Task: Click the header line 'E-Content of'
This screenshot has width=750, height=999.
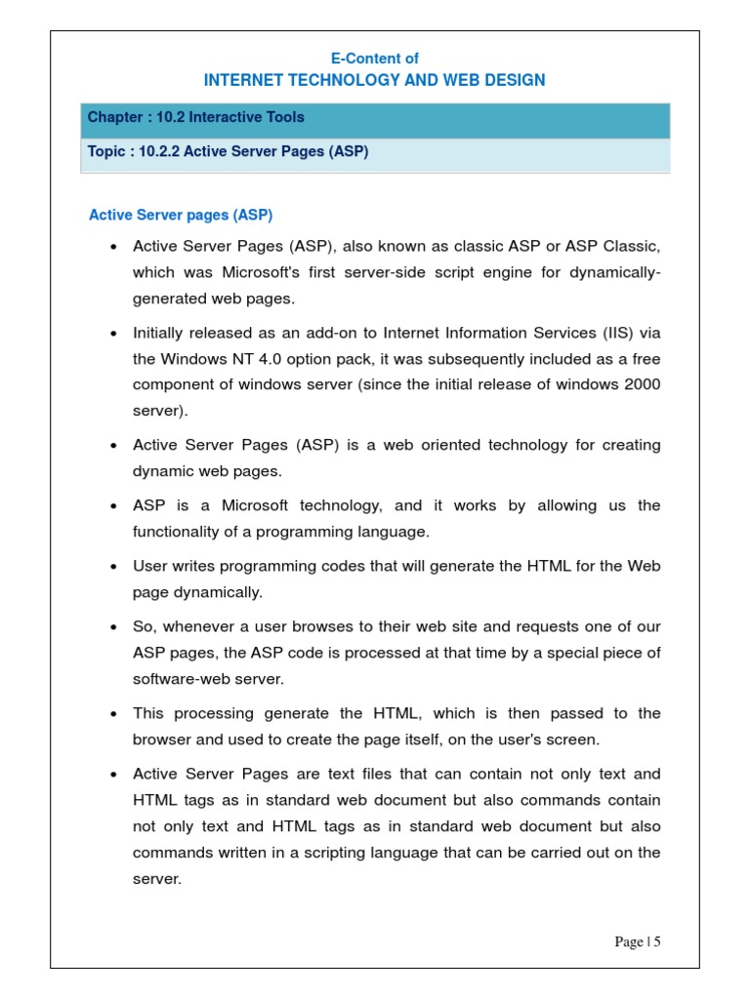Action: point(375,60)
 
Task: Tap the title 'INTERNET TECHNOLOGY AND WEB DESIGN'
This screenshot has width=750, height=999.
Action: point(375,80)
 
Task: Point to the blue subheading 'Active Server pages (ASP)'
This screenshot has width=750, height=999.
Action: point(181,215)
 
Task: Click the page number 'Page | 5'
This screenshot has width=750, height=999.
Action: point(638,941)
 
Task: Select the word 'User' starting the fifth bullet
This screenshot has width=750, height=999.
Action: point(150,566)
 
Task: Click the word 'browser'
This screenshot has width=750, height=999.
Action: point(160,739)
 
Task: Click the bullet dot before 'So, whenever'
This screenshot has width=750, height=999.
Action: point(114,626)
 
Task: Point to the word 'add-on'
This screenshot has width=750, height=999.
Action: point(333,333)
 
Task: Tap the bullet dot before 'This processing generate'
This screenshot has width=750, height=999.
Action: point(114,714)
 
